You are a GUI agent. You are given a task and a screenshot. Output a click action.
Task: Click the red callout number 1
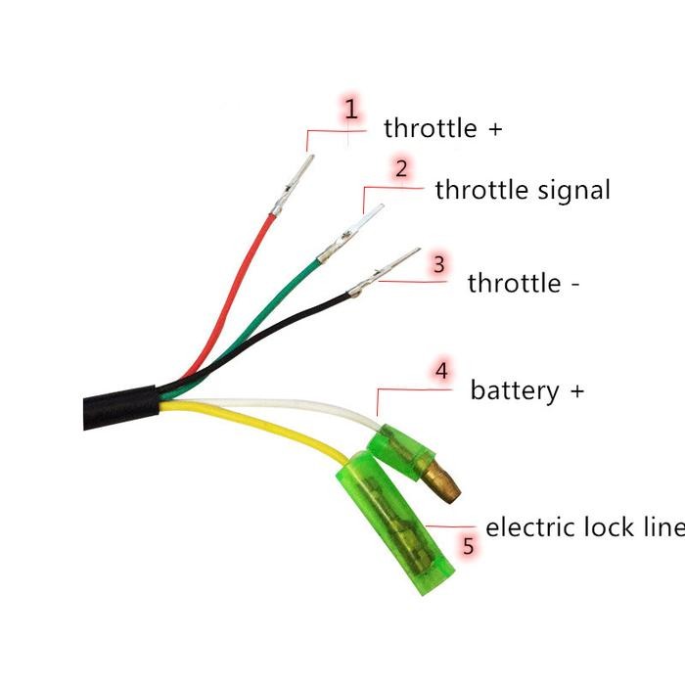[x=350, y=110]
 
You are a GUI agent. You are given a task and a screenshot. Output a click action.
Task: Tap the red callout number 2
[x=401, y=167]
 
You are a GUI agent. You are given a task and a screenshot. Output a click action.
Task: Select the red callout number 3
[x=438, y=264]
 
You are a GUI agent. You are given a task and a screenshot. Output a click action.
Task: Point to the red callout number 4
[x=441, y=371]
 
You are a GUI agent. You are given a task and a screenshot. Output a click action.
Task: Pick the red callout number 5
[x=469, y=546]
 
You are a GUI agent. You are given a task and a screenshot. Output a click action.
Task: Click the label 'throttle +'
[x=442, y=128]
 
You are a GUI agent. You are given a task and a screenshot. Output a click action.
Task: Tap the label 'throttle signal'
[x=522, y=190]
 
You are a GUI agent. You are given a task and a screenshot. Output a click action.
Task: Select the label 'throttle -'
[x=524, y=284]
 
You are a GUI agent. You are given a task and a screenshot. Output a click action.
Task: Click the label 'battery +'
[x=526, y=390]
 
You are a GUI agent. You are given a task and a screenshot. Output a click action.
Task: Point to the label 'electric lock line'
[x=584, y=527]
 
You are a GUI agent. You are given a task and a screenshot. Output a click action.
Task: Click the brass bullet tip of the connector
[x=444, y=483]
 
